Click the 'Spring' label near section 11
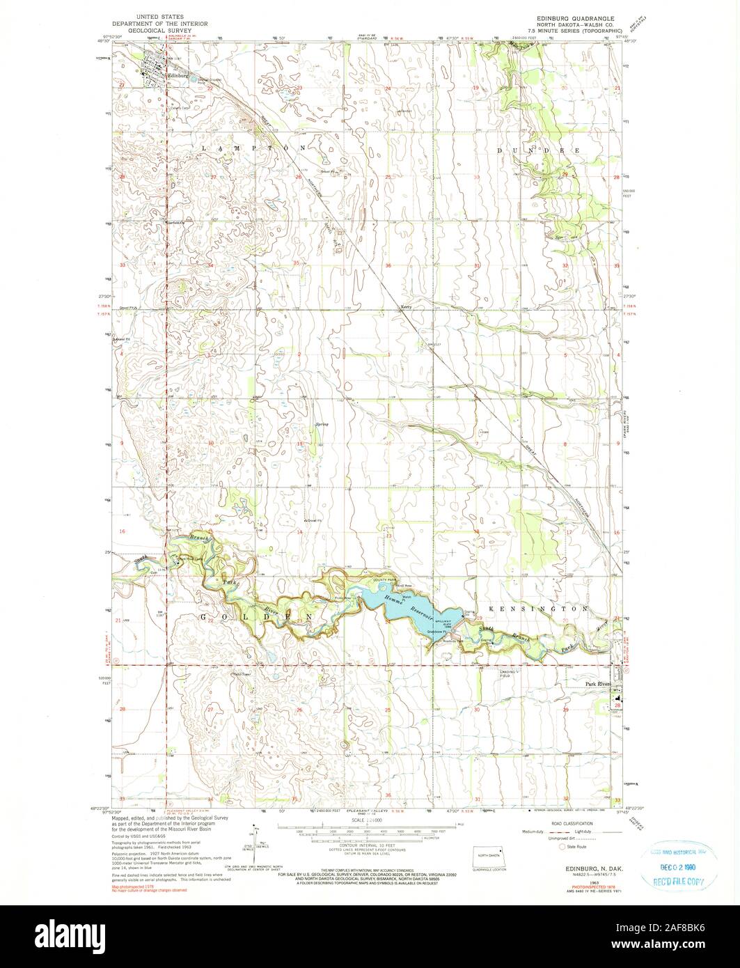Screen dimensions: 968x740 (322, 425)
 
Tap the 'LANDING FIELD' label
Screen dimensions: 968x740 (510, 673)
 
